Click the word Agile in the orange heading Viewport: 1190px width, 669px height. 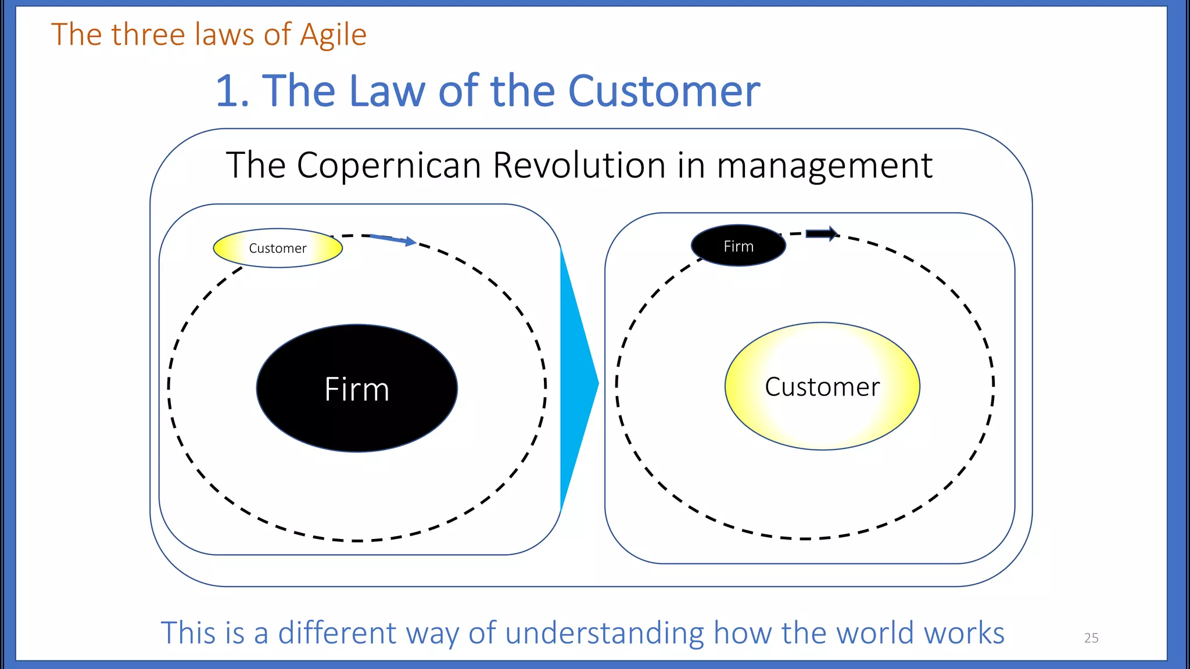pyautogui.click(x=333, y=35)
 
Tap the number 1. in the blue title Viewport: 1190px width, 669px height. pyautogui.click(x=232, y=91)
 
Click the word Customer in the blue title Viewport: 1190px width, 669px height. pyautogui.click(x=664, y=91)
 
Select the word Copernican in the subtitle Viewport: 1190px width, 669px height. pyautogui.click(x=389, y=166)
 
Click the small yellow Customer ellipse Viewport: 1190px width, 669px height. pyautogui.click(x=278, y=248)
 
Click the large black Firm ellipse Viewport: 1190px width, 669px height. pyautogui.click(x=357, y=388)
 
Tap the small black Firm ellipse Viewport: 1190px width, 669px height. pyautogui.click(x=738, y=246)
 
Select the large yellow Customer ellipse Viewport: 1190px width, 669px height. pyautogui.click(x=822, y=386)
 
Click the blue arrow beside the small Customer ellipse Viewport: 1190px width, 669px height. pyautogui.click(x=393, y=239)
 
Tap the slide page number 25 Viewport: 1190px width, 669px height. pyautogui.click(x=1091, y=638)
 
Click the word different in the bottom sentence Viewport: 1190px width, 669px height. pyautogui.click(x=336, y=633)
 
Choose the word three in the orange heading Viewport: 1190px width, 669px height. pyautogui.click(x=148, y=35)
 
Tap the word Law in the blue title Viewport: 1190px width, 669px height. pyautogui.click(x=387, y=91)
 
